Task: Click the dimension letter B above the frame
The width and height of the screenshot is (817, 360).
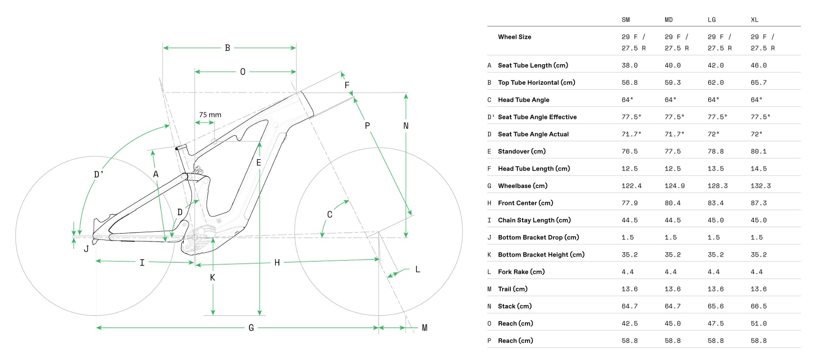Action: pos(227,48)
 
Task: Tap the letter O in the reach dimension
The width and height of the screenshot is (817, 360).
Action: pos(242,72)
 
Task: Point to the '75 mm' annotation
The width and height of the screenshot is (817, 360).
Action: pos(210,115)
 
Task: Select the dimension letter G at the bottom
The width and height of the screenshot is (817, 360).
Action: pos(251,328)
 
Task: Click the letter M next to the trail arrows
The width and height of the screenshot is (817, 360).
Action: pos(425,328)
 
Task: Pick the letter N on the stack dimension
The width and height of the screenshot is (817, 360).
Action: pos(406,126)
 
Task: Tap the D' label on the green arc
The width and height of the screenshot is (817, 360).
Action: pos(99,174)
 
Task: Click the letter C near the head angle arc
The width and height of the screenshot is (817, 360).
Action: pos(330,215)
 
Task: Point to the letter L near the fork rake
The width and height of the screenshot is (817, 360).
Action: pos(417,269)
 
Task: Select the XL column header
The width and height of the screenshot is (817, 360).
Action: pos(754,20)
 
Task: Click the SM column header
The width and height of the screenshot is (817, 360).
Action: pos(625,20)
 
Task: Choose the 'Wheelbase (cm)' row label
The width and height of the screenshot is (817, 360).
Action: pos(523,186)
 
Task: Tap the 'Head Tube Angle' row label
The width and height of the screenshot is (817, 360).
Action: pos(524,100)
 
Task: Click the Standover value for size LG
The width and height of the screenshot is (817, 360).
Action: pos(716,151)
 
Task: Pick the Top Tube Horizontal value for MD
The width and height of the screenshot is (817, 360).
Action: pos(673,83)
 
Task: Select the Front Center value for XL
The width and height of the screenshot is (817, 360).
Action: pos(759,203)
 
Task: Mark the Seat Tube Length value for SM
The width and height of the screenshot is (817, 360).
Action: pos(629,65)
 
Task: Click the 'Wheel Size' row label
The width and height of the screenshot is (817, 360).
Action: pos(514,37)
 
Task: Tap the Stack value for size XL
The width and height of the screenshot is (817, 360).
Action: pos(759,306)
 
